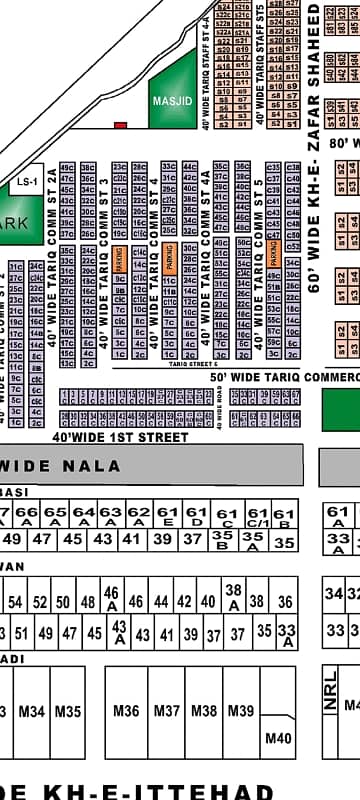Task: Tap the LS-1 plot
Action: tap(25, 183)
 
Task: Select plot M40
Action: tap(277, 738)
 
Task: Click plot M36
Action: tap(127, 711)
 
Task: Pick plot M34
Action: tap(32, 711)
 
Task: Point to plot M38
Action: tap(204, 711)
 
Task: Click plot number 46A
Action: tap(111, 598)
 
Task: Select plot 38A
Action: tap(233, 597)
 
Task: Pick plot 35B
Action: tap(223, 541)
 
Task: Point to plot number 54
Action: tap(15, 602)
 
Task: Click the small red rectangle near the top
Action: tap(120, 125)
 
